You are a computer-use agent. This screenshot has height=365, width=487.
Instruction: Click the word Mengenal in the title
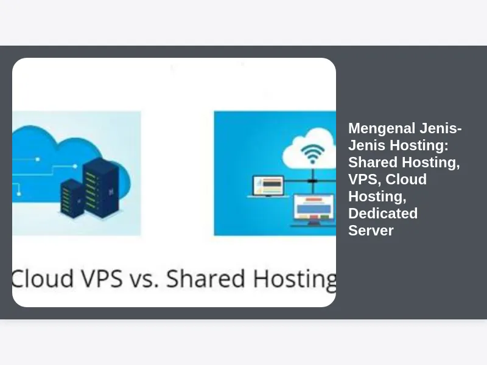click(x=382, y=128)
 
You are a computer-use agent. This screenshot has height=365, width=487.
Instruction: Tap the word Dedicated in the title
click(x=383, y=214)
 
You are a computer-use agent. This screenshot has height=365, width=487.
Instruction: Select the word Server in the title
click(x=371, y=231)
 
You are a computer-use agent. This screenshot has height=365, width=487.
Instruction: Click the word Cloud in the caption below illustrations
click(x=43, y=278)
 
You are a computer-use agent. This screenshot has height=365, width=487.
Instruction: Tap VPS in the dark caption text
click(x=102, y=278)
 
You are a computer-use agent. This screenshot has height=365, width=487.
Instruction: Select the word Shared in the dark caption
click(x=206, y=278)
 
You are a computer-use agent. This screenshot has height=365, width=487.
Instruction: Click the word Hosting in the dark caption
click(x=295, y=279)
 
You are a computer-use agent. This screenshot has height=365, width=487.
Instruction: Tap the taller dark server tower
click(x=101, y=187)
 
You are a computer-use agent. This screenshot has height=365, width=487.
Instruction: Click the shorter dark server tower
click(x=72, y=198)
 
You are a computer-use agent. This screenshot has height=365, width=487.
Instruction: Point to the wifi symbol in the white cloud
click(x=312, y=154)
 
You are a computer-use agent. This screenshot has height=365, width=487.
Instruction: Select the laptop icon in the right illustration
click(x=268, y=187)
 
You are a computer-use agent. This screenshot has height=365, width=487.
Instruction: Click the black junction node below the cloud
click(x=312, y=181)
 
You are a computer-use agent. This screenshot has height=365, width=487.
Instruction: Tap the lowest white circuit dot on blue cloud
click(x=19, y=194)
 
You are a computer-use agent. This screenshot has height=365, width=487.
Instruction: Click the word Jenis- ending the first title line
click(x=441, y=128)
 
